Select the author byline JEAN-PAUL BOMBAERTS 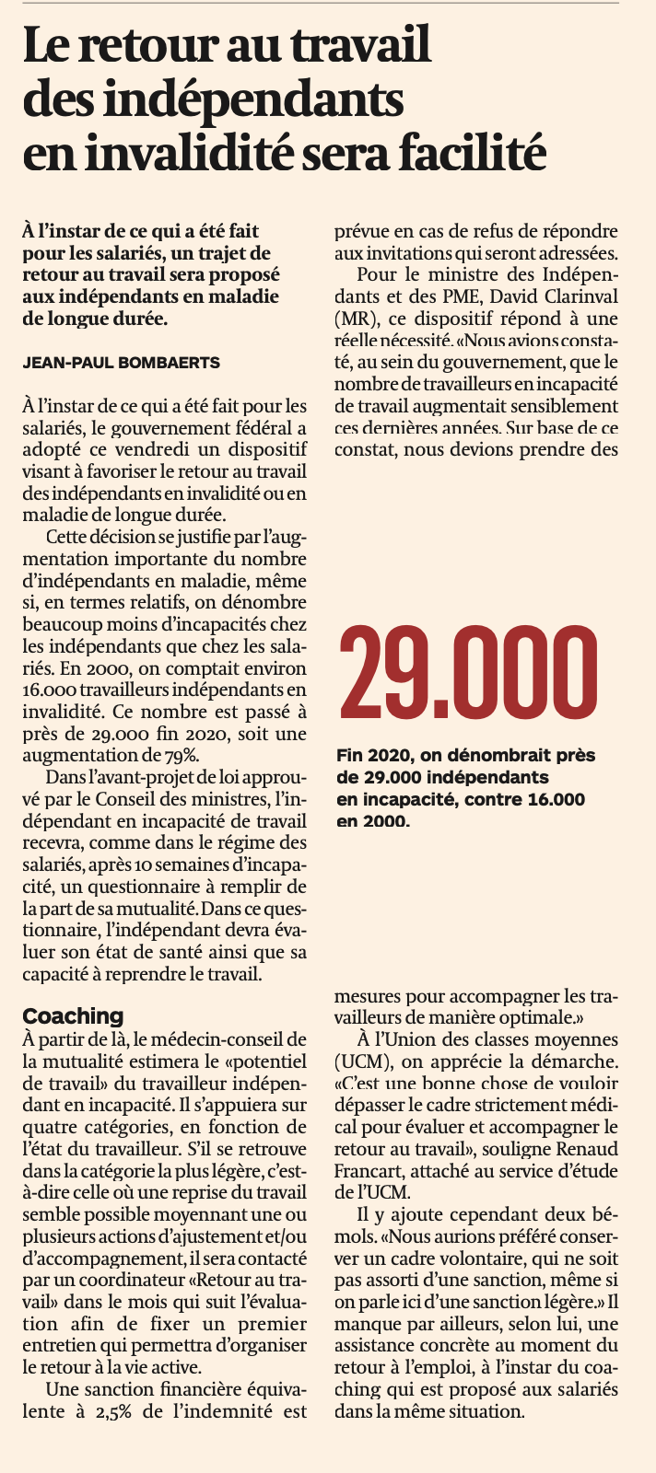(x=121, y=363)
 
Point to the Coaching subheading (x=73, y=1015)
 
